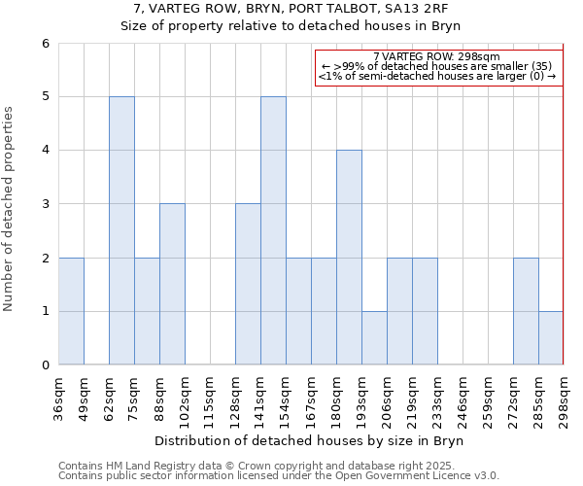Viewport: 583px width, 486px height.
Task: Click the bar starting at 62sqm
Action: click(121, 230)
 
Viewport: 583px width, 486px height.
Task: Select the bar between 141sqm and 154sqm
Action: click(273, 230)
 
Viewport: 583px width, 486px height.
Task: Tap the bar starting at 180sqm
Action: click(349, 258)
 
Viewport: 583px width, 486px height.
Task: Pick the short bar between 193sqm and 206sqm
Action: click(374, 338)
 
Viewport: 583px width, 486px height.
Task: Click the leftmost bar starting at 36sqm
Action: click(71, 311)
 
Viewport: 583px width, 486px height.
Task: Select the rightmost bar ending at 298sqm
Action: click(551, 338)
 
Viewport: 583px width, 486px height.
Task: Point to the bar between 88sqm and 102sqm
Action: click(172, 284)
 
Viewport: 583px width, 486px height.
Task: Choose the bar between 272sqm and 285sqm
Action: click(526, 311)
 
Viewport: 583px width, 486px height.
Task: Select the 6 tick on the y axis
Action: click(45, 44)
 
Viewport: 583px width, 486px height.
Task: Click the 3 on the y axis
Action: click(45, 204)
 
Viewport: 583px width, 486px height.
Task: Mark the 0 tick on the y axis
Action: click(45, 365)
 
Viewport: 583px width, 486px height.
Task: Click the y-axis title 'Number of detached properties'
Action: click(10, 209)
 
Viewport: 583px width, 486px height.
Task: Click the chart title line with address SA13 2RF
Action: click(291, 9)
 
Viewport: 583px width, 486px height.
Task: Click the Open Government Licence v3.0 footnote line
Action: click(279, 476)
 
